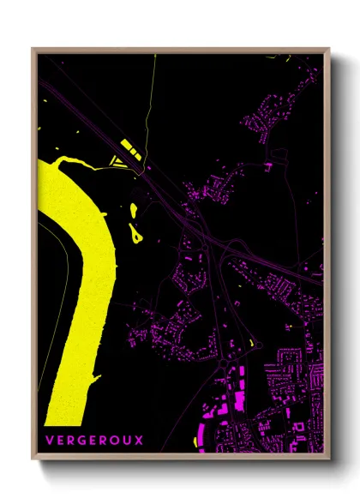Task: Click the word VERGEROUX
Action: coord(95,440)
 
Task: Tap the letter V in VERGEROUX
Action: coord(51,440)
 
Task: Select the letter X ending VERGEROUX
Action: coord(140,440)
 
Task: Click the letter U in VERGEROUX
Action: coord(129,440)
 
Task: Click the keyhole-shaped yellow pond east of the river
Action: coord(135,231)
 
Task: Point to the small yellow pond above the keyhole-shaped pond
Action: coord(133,209)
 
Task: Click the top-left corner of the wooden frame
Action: coord(33,49)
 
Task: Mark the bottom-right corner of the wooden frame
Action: coord(330,459)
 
